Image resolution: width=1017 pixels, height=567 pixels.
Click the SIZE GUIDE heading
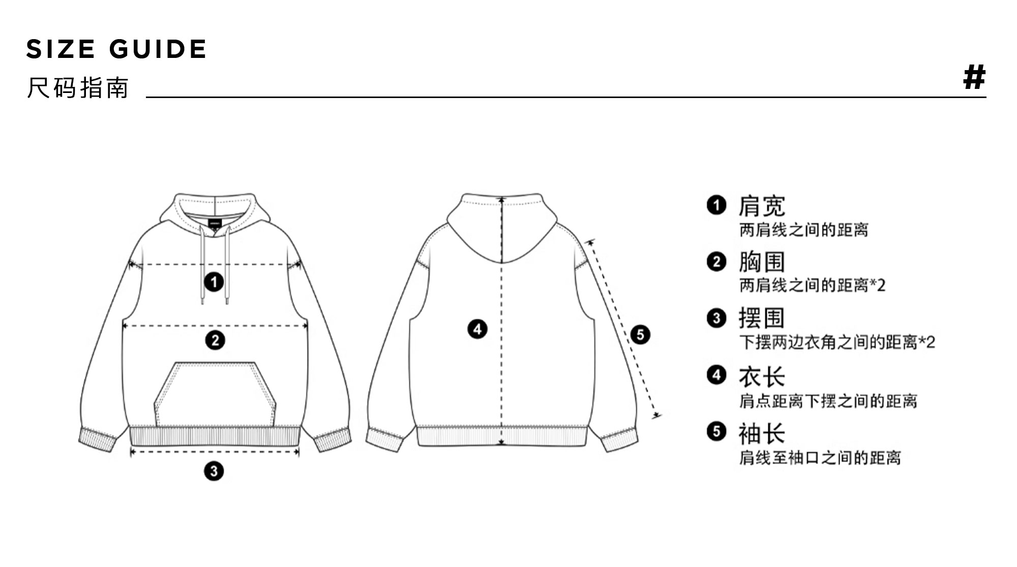pyautogui.click(x=116, y=49)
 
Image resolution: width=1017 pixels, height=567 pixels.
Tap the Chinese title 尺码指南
pyautogui.click(x=77, y=88)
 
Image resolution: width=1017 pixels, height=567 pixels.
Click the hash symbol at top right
pyautogui.click(x=974, y=78)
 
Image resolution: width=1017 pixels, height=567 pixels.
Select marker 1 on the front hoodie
pyautogui.click(x=214, y=281)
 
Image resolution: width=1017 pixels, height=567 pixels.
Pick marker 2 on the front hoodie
pyautogui.click(x=215, y=340)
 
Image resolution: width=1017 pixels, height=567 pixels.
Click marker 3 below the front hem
pyautogui.click(x=214, y=471)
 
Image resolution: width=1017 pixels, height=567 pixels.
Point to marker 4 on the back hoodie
pyautogui.click(x=477, y=329)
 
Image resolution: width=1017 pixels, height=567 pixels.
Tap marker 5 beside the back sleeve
pyautogui.click(x=640, y=334)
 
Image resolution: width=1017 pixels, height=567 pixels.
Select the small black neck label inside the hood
pyautogui.click(x=215, y=223)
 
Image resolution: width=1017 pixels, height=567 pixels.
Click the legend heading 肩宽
pyautogui.click(x=762, y=206)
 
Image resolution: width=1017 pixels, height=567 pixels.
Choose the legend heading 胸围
pyautogui.click(x=762, y=262)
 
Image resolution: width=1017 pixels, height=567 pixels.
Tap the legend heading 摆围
pyautogui.click(x=762, y=319)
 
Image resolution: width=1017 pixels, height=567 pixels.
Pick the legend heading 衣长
pyautogui.click(x=762, y=377)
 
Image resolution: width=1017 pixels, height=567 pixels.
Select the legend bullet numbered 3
pyautogui.click(x=716, y=318)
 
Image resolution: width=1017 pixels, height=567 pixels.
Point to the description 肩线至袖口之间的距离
pyautogui.click(x=820, y=458)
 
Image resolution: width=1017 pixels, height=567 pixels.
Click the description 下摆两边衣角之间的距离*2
pyautogui.click(x=837, y=342)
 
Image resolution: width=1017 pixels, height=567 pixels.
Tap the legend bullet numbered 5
pyautogui.click(x=716, y=431)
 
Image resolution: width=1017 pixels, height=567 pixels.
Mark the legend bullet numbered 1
pyautogui.click(x=716, y=205)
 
